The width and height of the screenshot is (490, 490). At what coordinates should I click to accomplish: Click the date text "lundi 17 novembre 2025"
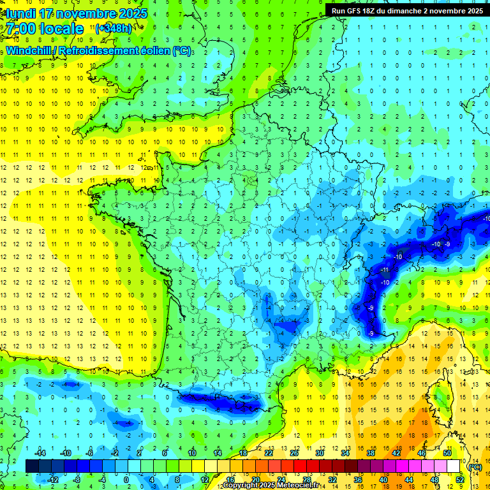pyautogui.click(x=75, y=13)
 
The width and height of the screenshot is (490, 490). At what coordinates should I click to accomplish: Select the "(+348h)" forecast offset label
pyautogui.click(x=114, y=28)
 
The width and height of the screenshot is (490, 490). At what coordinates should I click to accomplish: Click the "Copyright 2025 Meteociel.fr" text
pyautogui.click(x=271, y=486)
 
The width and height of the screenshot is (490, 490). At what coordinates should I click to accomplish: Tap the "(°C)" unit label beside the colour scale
pyautogui.click(x=475, y=467)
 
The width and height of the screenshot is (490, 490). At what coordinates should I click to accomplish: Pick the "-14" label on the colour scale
pyautogui.click(x=41, y=453)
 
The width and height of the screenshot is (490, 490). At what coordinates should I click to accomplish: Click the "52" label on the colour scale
pyautogui.click(x=460, y=479)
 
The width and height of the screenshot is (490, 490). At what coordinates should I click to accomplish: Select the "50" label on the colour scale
pyautogui.click(x=447, y=453)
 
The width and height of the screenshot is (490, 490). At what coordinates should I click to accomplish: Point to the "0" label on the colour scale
pyautogui.click(x=126, y=479)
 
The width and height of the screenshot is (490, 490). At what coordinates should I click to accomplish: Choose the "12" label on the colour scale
pyautogui.click(x=205, y=479)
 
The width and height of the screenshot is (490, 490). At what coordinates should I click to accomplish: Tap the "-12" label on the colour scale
pyautogui.click(x=53, y=479)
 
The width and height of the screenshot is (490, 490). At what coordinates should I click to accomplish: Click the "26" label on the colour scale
pyautogui.click(x=294, y=453)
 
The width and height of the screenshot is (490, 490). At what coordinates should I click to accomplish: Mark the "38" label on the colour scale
pyautogui.click(x=371, y=453)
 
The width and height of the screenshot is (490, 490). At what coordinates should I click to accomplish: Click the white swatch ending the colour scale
pyautogui.click(x=454, y=466)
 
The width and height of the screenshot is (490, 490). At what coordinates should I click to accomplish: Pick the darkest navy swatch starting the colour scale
pyautogui.click(x=32, y=466)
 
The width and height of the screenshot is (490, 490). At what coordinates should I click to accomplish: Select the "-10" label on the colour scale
pyautogui.click(x=66, y=453)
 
